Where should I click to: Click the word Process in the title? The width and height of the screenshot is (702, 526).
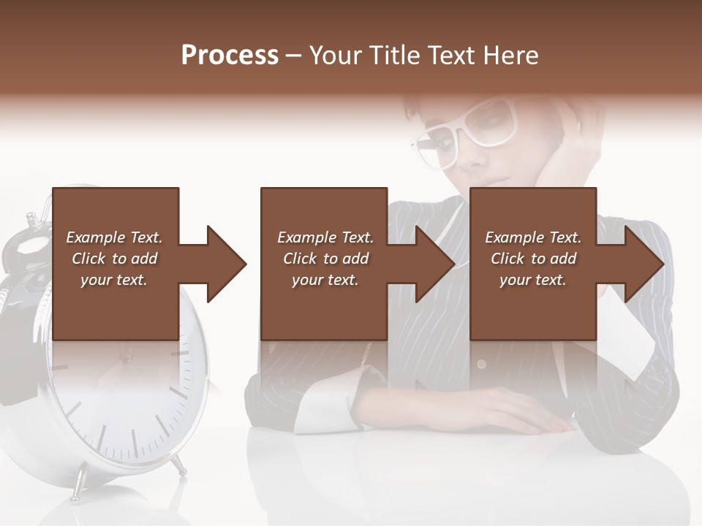click(230, 56)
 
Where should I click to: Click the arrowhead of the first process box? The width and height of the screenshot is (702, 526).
click(226, 264)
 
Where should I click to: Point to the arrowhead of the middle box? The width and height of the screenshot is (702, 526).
click(435, 264)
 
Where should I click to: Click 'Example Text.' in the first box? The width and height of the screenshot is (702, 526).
click(114, 237)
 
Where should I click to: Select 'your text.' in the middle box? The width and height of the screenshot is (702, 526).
click(325, 280)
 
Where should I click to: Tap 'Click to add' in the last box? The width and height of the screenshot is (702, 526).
click(533, 259)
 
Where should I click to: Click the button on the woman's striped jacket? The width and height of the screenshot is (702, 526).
click(481, 363)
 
